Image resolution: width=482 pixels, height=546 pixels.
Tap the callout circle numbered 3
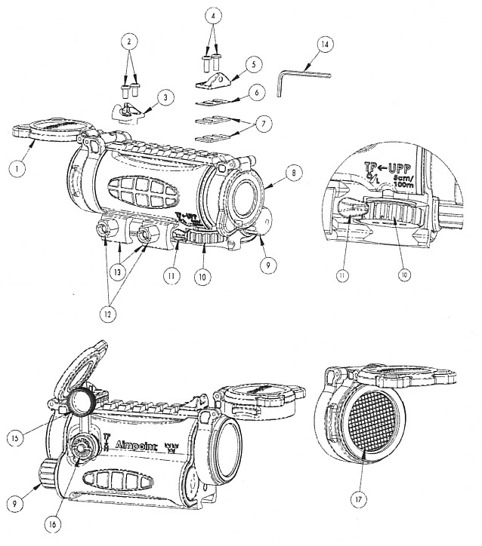[x=167, y=97]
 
